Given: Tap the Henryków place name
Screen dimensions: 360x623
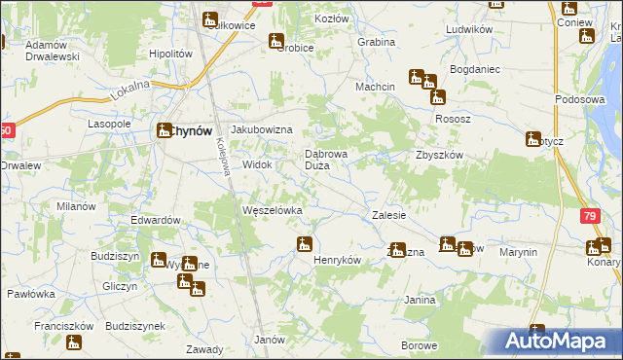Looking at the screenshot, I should click(337, 261).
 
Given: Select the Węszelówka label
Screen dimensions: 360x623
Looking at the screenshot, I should click(272, 210).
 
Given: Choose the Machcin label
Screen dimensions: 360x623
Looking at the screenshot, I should click(375, 87).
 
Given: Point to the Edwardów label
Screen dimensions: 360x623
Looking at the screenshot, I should click(157, 220).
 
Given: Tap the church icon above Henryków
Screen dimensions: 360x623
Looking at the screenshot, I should click(305, 243).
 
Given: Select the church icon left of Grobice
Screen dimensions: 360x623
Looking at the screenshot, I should click(277, 42).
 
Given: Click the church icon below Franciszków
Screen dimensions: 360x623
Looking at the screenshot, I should click(73, 342).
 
